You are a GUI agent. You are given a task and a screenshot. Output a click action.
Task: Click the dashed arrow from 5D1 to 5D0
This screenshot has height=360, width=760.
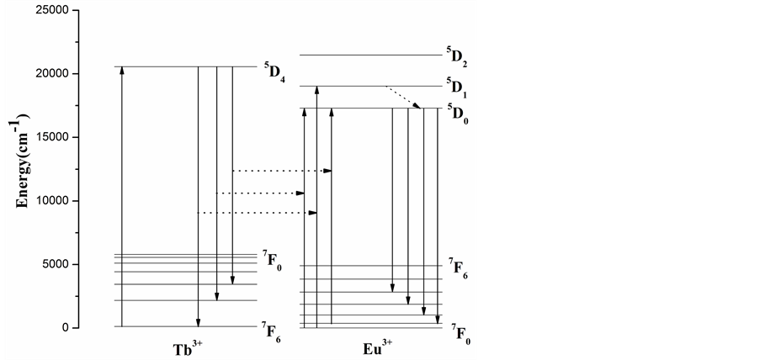pyautogui.click(x=403, y=97)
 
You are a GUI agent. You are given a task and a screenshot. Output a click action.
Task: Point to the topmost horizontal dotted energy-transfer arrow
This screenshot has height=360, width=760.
pyautogui.click(x=282, y=171)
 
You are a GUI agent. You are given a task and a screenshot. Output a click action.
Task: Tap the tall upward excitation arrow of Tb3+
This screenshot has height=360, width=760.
pyautogui.click(x=122, y=197)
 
